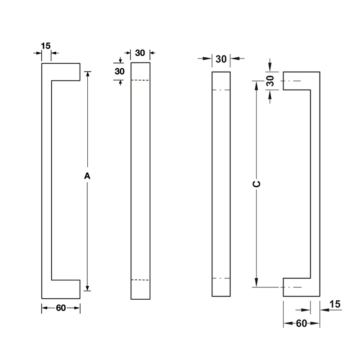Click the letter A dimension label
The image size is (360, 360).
[x=88, y=176]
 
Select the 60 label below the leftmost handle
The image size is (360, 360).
[x=61, y=308]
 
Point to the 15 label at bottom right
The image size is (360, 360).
[x=334, y=305]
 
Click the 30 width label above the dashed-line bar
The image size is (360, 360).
[x=140, y=53]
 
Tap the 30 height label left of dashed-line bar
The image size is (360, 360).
[x=120, y=71]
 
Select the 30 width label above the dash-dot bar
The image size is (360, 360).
[x=221, y=58]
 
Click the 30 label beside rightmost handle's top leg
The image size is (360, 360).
[x=270, y=81]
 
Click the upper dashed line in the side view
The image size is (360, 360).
[x=140, y=81]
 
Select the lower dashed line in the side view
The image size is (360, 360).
[x=140, y=280]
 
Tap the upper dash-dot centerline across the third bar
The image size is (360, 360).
[x=221, y=90]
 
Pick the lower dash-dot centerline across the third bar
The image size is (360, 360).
[x=221, y=278]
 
